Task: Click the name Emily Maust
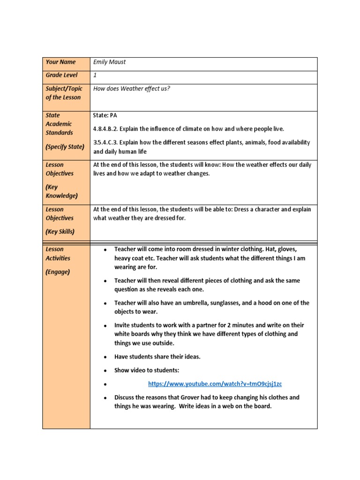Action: (x=110, y=62)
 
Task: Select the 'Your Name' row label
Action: (x=60, y=62)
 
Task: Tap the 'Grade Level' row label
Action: (x=61, y=75)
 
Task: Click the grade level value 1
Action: (x=95, y=75)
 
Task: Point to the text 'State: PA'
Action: (x=105, y=115)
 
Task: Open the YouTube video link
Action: (x=215, y=384)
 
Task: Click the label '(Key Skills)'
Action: (x=60, y=232)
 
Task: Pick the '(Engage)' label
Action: (x=58, y=271)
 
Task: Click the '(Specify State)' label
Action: (x=65, y=147)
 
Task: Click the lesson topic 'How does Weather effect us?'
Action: (x=131, y=89)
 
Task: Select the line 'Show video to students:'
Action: (x=147, y=370)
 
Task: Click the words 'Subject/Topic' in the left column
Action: (x=64, y=89)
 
